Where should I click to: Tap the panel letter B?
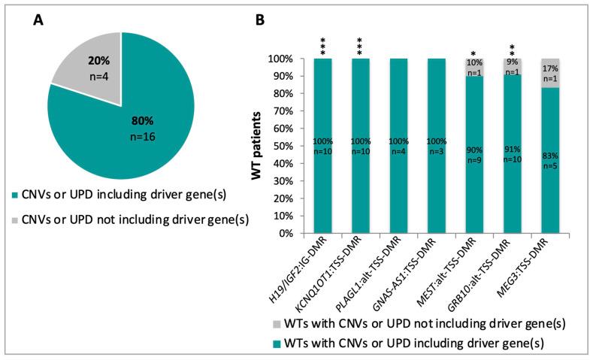coord(260,20)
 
